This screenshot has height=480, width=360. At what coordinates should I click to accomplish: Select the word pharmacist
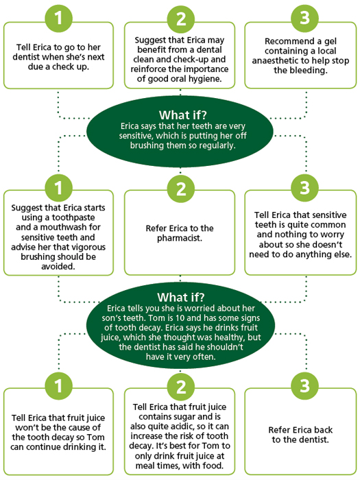[x=180, y=238]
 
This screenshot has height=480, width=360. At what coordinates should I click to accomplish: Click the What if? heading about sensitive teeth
[x=183, y=115]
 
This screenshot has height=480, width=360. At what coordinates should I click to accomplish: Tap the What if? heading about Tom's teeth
[x=181, y=297]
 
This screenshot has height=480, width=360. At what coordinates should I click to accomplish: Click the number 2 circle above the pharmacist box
[x=181, y=189]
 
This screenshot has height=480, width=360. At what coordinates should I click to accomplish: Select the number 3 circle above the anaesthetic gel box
[x=304, y=18]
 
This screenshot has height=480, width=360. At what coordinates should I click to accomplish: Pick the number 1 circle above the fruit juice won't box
[x=58, y=385]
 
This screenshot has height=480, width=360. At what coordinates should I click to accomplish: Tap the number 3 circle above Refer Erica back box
[x=304, y=385]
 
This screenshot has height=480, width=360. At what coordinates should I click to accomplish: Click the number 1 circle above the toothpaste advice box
[x=58, y=189]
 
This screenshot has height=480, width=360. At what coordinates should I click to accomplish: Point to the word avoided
[x=58, y=267]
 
